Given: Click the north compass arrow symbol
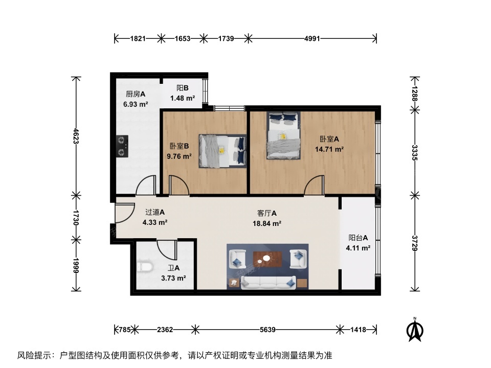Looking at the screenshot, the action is coord(415,330).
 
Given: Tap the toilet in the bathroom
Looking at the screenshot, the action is coord(145,267).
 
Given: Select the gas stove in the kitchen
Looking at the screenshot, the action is coord(122,146).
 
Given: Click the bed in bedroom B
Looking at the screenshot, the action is coord(222,151).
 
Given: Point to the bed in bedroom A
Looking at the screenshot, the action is coord(283,135).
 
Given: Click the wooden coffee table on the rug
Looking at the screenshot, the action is coord(267,259).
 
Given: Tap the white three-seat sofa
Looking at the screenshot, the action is coord(268,283).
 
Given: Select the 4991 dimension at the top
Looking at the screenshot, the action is coord(312,38).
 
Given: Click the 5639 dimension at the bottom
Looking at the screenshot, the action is coord(267,330).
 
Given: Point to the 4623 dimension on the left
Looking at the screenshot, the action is coord(76,136).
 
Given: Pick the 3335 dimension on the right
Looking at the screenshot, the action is coord(415,153).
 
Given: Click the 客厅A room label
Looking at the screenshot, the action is coord(267,213).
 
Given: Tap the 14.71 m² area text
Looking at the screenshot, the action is coord(329,149).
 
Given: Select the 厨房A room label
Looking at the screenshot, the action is coord(136,94).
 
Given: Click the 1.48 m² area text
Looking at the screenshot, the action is coord(183,98).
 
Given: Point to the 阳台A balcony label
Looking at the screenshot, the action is coord(358,238).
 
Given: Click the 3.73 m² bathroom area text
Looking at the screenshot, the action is coord(173,278).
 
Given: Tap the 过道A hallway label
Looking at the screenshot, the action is coord(154,212).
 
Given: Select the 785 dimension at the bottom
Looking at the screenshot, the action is coord(124,330).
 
